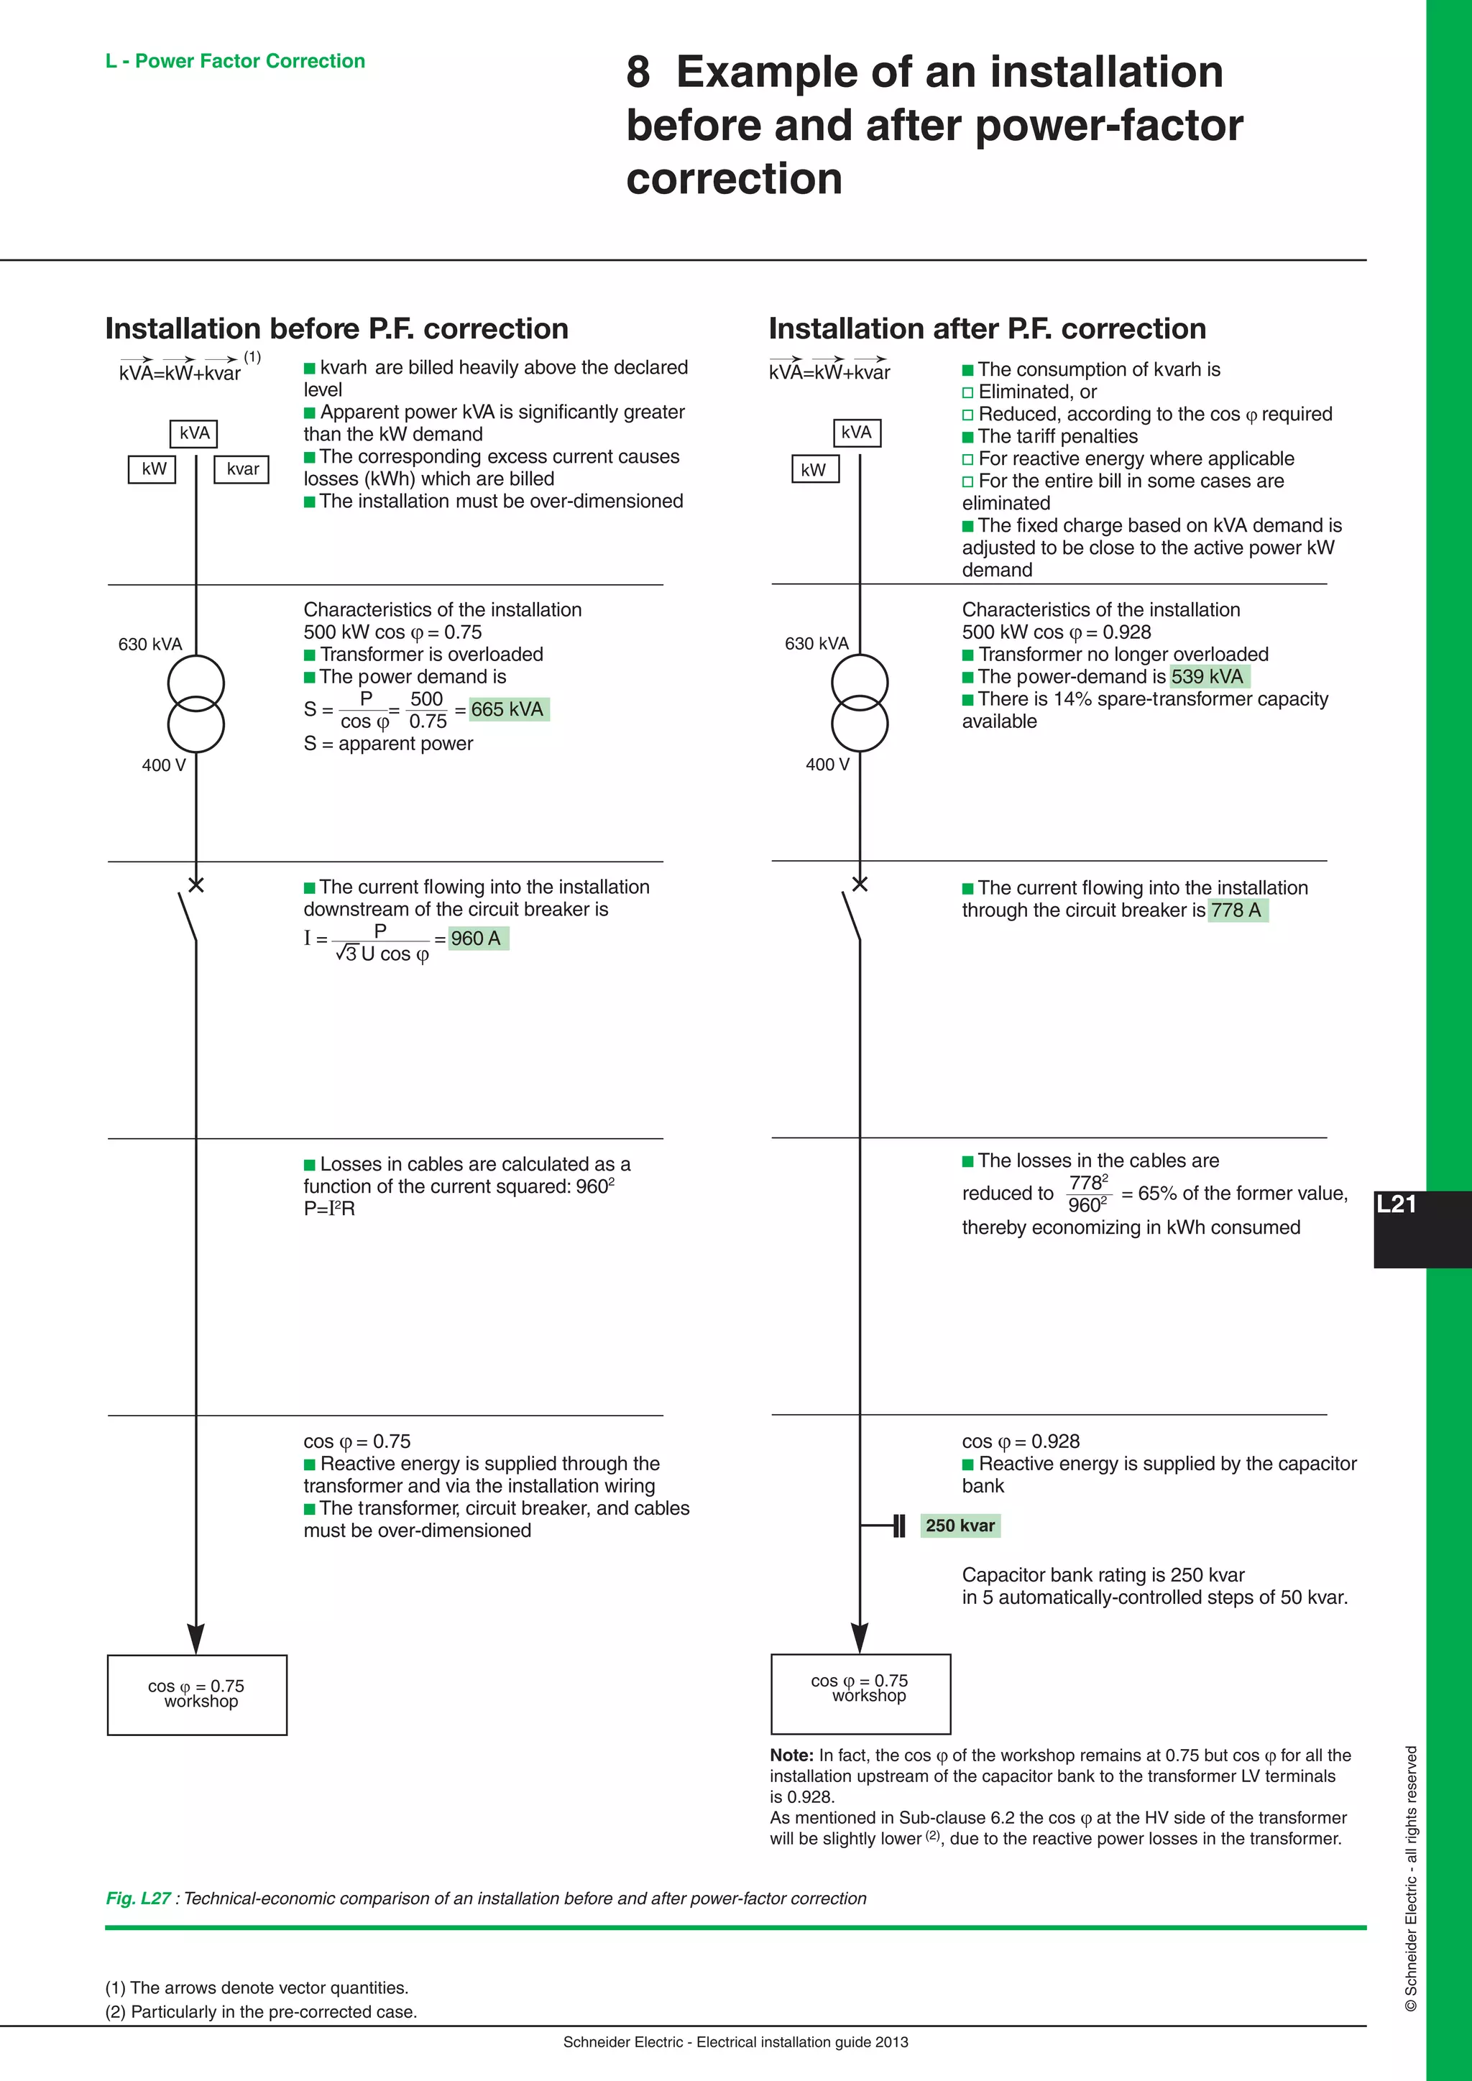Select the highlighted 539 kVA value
pyautogui.click(x=1207, y=676)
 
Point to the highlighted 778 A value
pyautogui.click(x=1236, y=910)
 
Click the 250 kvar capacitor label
pyautogui.click(x=960, y=1526)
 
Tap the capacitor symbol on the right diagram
pyautogui.click(x=898, y=1526)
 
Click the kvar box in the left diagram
pyautogui.click(x=242, y=469)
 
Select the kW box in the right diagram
pyautogui.click(x=814, y=469)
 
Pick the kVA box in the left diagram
pyautogui.click(x=194, y=433)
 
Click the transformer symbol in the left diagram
pyautogui.click(x=195, y=703)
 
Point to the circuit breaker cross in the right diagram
pyautogui.click(x=860, y=884)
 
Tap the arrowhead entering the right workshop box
pyautogui.click(x=860, y=1637)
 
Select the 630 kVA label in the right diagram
pyautogui.click(x=816, y=644)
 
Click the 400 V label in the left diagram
pyautogui.click(x=163, y=765)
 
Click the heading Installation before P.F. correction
pyautogui.click(x=336, y=328)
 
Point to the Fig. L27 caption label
pyautogui.click(x=138, y=1898)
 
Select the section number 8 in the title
pyautogui.click(x=638, y=73)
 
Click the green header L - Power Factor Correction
pyautogui.click(x=235, y=61)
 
